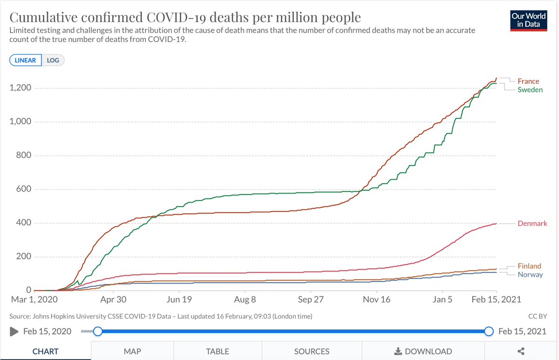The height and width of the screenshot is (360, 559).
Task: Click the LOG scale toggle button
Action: pos(53,60)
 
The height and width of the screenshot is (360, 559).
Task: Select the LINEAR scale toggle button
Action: pos(26,60)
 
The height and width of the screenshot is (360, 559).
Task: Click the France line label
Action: pos(528,81)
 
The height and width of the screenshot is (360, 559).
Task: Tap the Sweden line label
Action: pos(530,89)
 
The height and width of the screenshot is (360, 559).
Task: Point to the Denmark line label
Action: pos(532,224)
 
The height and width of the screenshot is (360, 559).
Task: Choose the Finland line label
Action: pos(529,266)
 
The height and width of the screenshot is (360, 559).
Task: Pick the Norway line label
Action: pos(530,274)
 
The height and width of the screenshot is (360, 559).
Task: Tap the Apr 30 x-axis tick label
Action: pos(114,299)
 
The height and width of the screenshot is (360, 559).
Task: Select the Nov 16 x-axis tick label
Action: pos(376,299)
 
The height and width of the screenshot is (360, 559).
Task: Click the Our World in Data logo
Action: pos(528,19)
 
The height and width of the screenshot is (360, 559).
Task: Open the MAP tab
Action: pos(132,351)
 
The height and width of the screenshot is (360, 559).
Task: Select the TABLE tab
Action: pos(218,351)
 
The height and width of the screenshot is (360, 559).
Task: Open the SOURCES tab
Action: pos(312,351)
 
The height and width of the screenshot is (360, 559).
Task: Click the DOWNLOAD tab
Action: pos(423,351)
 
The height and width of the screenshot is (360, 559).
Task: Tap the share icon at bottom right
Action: pos(521,351)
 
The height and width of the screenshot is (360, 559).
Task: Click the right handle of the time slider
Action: pos(489,332)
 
